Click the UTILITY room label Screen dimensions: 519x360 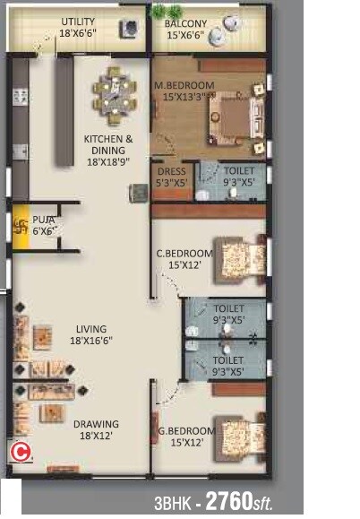click(79, 22)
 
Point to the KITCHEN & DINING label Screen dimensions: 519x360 click(108, 140)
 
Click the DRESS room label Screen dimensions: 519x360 click(170, 170)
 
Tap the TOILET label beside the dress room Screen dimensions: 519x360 click(239, 170)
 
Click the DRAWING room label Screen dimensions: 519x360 click(96, 424)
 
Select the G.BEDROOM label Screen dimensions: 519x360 click(187, 429)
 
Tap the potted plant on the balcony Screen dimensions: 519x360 click(159, 12)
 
